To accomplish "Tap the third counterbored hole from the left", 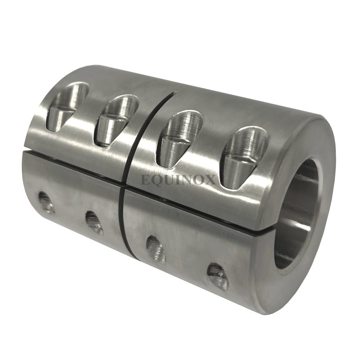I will pyautogui.click(x=180, y=136).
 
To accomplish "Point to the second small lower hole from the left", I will pyautogui.click(x=94, y=223).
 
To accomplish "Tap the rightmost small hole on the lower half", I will pyautogui.click(x=217, y=276).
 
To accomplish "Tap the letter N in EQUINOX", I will pyautogui.click(x=188, y=180).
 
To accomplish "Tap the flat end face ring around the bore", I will pyautogui.click(x=316, y=256).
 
